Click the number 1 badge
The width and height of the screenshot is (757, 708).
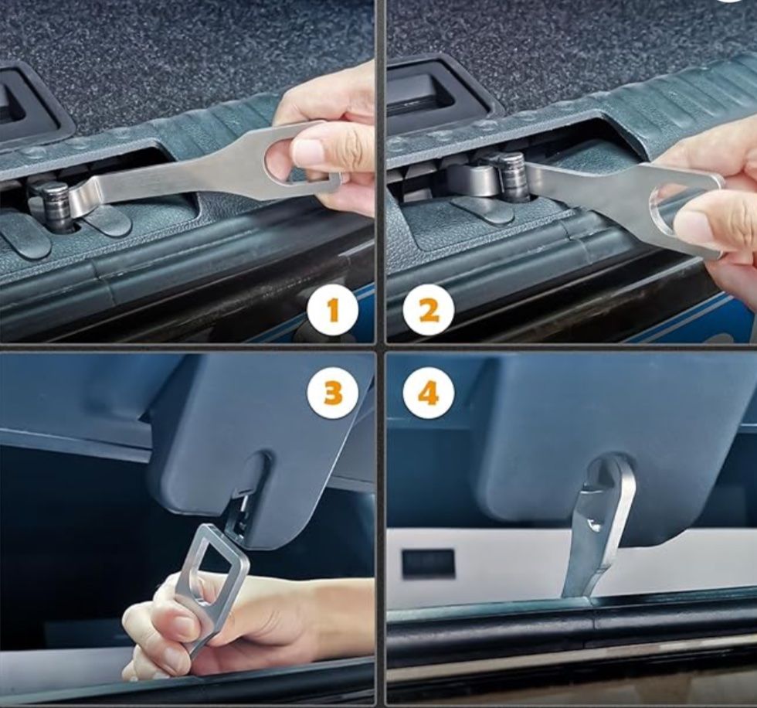point(333,310)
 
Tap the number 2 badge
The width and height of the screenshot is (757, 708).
point(429,310)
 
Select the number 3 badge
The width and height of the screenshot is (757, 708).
point(333,392)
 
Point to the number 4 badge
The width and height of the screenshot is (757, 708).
point(429,392)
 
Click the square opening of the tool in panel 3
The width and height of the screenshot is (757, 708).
point(217,557)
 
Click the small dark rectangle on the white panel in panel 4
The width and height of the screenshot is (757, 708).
point(428,563)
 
